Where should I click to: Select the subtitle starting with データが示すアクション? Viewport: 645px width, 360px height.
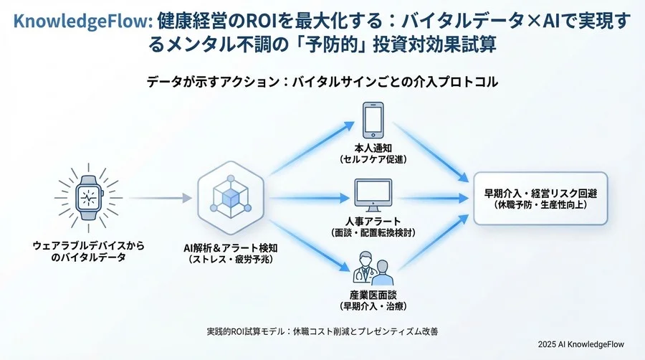322,82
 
